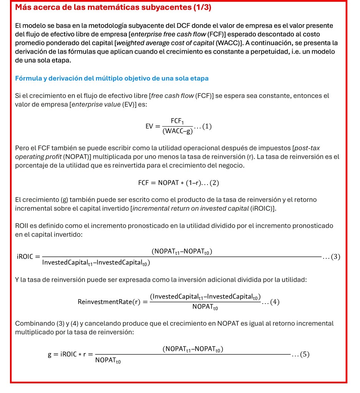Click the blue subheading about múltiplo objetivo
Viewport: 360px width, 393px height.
[x=112, y=78]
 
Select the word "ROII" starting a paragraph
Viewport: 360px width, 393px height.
[x=22, y=226]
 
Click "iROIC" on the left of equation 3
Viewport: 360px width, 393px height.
[x=26, y=257]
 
